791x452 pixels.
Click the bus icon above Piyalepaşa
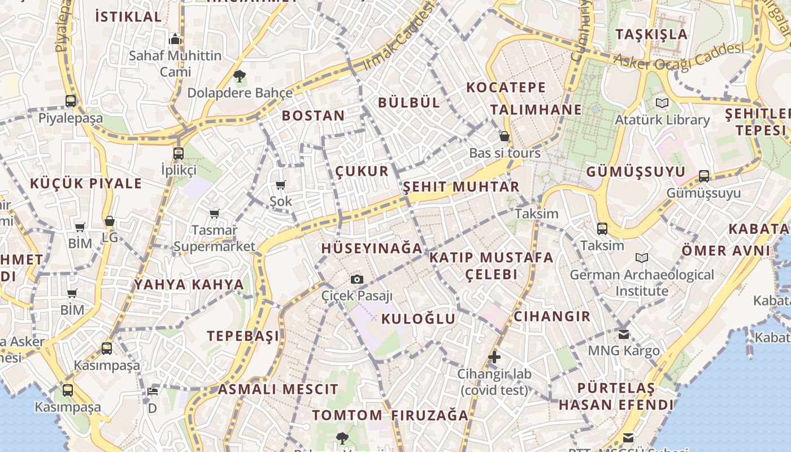pyautogui.click(x=71, y=101)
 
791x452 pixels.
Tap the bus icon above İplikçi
pyautogui.click(x=179, y=153)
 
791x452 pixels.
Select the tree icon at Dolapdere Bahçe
pyautogui.click(x=240, y=76)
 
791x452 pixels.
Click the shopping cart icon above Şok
pyautogui.click(x=280, y=185)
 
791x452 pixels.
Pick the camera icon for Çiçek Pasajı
pyautogui.click(x=357, y=279)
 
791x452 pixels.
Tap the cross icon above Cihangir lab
pyautogui.click(x=494, y=357)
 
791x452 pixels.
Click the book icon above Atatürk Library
pyautogui.click(x=662, y=103)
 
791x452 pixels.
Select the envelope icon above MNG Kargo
pyautogui.click(x=623, y=334)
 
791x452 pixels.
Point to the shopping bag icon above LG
pyautogui.click(x=110, y=221)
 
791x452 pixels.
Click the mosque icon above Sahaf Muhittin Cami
pyautogui.click(x=175, y=39)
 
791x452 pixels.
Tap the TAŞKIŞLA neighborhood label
pyautogui.click(x=651, y=34)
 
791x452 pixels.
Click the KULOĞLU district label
pyautogui.click(x=418, y=319)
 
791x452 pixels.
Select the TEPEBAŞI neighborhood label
pyautogui.click(x=243, y=336)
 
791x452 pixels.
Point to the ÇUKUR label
pyautogui.click(x=362, y=171)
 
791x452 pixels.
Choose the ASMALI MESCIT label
pyautogui.click(x=278, y=389)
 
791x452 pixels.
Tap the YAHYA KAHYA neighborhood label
pyautogui.click(x=189, y=284)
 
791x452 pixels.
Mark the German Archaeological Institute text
pyautogui.click(x=642, y=282)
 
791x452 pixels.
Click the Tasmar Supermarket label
pyautogui.click(x=214, y=238)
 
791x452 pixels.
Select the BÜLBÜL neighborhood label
pyautogui.click(x=408, y=103)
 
